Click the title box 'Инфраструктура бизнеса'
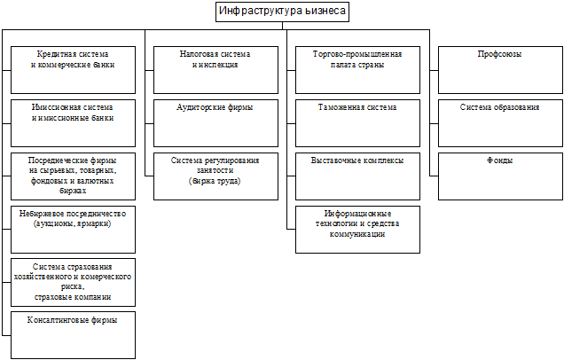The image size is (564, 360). point(282,12)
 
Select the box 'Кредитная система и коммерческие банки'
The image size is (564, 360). point(74,70)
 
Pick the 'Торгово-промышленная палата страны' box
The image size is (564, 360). point(357,70)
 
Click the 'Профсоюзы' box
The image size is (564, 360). point(499,70)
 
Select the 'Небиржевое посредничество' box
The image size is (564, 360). point(74,229)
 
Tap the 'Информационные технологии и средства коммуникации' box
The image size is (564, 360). point(357,229)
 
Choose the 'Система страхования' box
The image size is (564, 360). point(74,282)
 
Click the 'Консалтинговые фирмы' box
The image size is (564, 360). point(74,333)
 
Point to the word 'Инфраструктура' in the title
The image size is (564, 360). point(259,12)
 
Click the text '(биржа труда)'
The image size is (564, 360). point(215,181)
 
